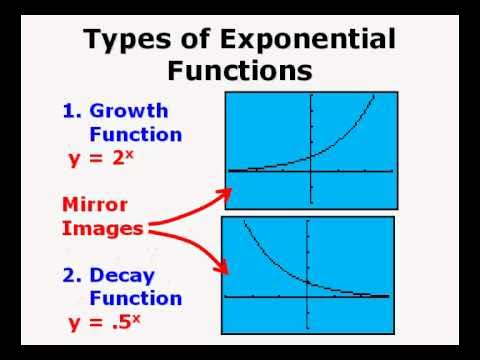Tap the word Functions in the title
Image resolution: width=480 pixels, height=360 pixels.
pos(239,71)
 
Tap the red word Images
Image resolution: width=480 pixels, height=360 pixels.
pos(102,228)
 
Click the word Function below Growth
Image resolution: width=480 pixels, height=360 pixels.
pos(135,133)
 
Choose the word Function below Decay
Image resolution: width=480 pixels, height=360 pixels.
pos(135,298)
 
